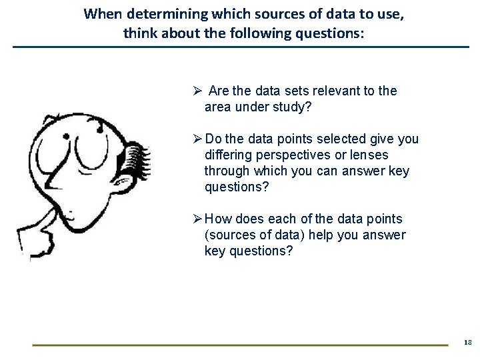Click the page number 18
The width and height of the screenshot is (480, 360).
tap(467, 342)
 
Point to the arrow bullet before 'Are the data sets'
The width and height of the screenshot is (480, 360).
tap(197, 91)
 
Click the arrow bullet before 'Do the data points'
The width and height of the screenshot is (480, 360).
tap(197, 139)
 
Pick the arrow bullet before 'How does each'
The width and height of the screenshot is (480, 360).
tap(197, 219)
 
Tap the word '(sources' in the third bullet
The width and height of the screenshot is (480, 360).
tap(229, 235)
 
